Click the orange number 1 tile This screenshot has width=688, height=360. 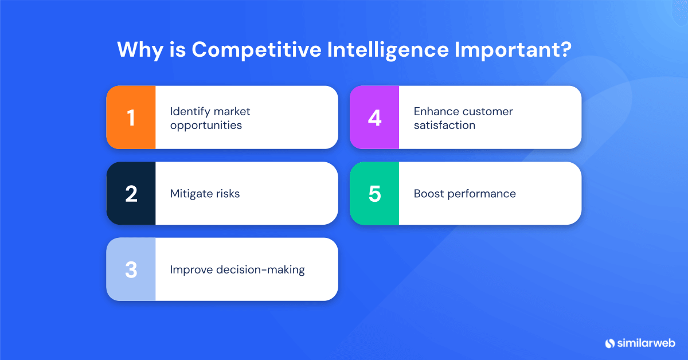coord(131,118)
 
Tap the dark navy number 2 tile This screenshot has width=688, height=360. coord(131,193)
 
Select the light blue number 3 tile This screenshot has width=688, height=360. coord(131,269)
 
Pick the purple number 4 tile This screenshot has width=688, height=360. coord(374,118)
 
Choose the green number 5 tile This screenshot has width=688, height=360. coord(374,193)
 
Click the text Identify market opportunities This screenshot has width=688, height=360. coord(210,118)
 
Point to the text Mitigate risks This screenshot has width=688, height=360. coord(205,194)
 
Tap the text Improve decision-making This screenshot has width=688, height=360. coord(237,269)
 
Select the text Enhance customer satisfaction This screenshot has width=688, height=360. coord(463,118)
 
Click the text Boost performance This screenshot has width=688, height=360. coord(464,194)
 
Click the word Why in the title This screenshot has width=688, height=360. coord(137,50)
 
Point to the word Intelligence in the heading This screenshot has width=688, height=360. coord(387,50)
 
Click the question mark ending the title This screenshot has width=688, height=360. coord(565,50)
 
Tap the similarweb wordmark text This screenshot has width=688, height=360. coord(644,343)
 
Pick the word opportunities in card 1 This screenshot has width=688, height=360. coord(206,125)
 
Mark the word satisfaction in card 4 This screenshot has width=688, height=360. coord(444,125)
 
